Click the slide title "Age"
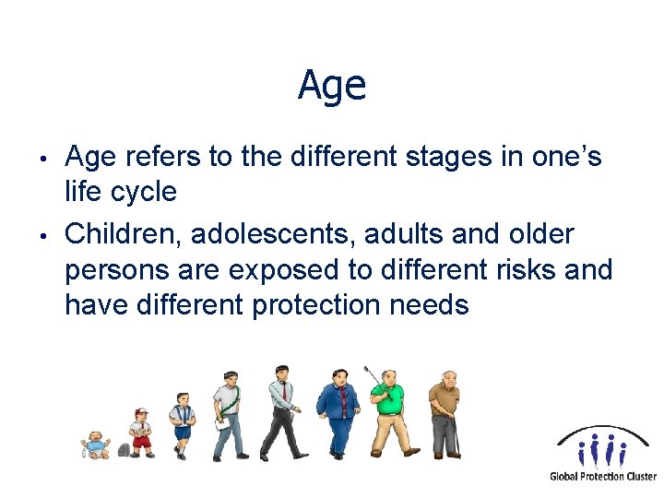pyautogui.click(x=332, y=86)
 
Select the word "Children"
pyautogui.click(x=123, y=234)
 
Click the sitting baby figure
pyautogui.click(x=95, y=444)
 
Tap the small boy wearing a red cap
pyautogui.click(x=140, y=433)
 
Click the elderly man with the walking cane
pyautogui.click(x=445, y=413)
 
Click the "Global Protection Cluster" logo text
pyautogui.click(x=603, y=477)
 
